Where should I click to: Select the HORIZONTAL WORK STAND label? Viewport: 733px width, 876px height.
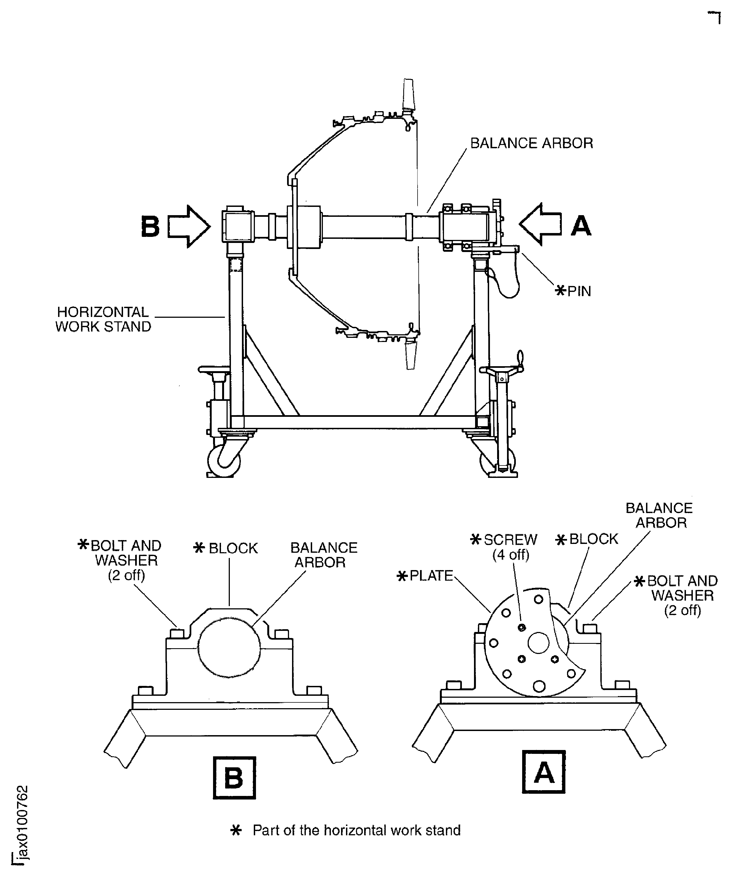tap(103, 319)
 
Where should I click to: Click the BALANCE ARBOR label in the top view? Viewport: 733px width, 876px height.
tap(532, 143)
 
